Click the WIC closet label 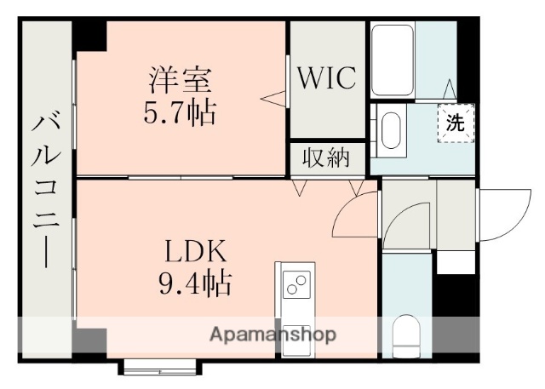(x=327, y=79)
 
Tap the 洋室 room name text (x=177, y=83)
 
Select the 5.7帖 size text (x=179, y=112)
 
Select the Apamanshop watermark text (x=272, y=333)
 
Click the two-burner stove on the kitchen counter (x=295, y=284)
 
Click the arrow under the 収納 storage (x=299, y=186)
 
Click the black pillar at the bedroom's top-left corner (x=89, y=37)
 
